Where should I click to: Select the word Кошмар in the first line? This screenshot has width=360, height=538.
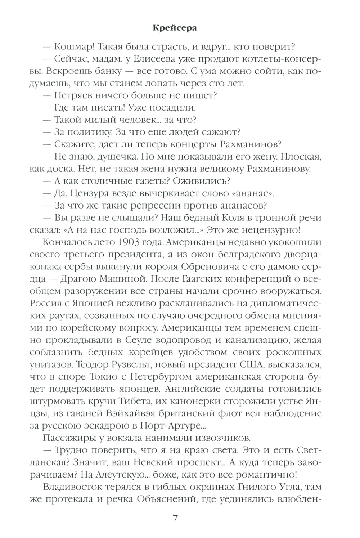(x=74, y=47)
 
